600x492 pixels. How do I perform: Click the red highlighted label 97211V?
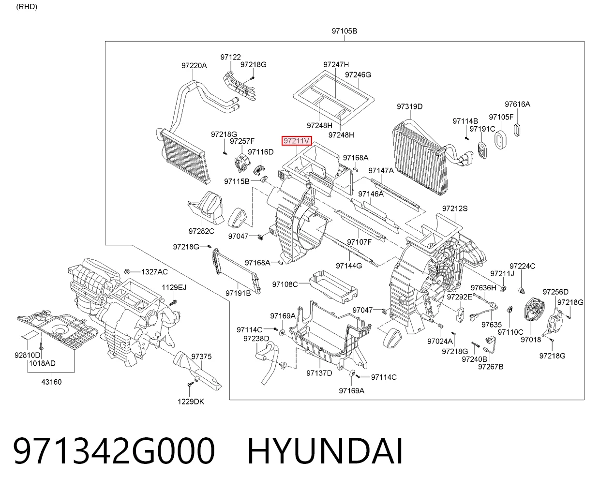pyautogui.click(x=297, y=140)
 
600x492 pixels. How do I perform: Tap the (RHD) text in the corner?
pyautogui.click(x=27, y=7)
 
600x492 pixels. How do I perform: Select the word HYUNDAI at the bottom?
pyautogui.click(x=325, y=451)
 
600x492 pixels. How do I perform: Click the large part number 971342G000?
pyautogui.click(x=114, y=451)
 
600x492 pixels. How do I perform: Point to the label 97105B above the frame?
pyautogui.click(x=344, y=30)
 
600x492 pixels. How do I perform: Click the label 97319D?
pyautogui.click(x=410, y=106)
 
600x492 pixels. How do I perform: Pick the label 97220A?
pyautogui.click(x=194, y=66)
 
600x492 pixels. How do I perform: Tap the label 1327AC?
pyautogui.click(x=154, y=272)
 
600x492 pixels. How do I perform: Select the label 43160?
pyautogui.click(x=51, y=382)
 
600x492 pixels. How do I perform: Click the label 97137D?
pyautogui.click(x=319, y=373)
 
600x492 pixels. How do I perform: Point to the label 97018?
pyautogui.click(x=531, y=340)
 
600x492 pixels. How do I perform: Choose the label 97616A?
pyautogui.click(x=517, y=104)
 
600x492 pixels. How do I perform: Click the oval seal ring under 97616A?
pyautogui.click(x=517, y=130)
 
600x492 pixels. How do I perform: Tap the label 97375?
pyautogui.click(x=201, y=357)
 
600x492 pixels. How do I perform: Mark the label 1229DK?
pyautogui.click(x=191, y=402)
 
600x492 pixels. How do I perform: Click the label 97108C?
pyautogui.click(x=285, y=284)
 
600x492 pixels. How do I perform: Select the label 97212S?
pyautogui.click(x=455, y=209)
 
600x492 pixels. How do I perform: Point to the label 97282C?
pyautogui.click(x=201, y=231)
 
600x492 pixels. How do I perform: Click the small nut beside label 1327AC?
pyautogui.click(x=127, y=272)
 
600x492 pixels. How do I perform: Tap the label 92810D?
pyautogui.click(x=27, y=355)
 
